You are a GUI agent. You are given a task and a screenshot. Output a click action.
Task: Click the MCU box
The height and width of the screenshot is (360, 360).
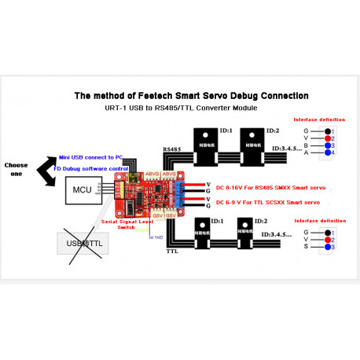(x=81, y=191)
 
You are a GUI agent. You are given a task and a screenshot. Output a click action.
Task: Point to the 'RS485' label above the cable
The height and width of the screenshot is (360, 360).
(x=173, y=148)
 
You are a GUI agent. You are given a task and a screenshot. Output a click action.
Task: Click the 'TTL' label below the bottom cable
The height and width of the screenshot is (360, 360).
(x=171, y=252)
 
